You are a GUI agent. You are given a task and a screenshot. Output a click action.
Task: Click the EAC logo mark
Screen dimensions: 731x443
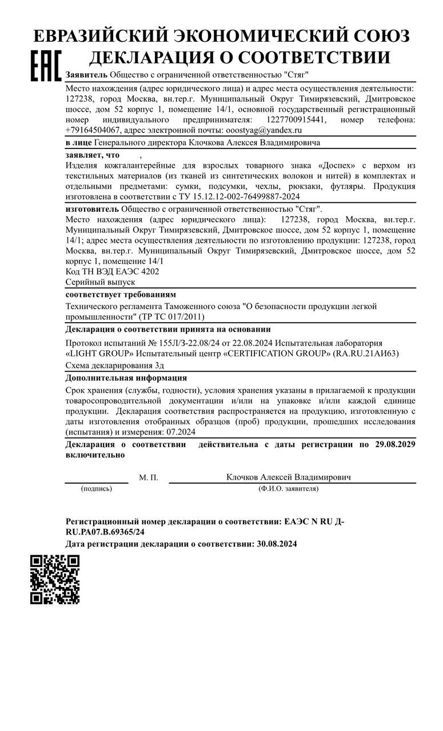pyautogui.click(x=45, y=66)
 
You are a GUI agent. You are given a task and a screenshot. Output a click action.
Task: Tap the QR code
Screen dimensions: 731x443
pyautogui.click(x=54, y=579)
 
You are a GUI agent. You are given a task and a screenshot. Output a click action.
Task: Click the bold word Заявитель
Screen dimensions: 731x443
pyautogui.click(x=86, y=75)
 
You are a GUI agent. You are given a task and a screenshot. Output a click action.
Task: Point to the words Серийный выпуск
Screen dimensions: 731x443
pyautogui.click(x=101, y=282)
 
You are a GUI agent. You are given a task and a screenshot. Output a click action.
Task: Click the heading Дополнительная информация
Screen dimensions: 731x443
pyautogui.click(x=126, y=377)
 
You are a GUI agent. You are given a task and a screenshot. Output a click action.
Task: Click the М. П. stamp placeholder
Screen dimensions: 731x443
pyautogui.click(x=149, y=477)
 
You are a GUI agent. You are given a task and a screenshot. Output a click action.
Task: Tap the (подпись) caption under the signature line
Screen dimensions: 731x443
pyautogui.click(x=97, y=489)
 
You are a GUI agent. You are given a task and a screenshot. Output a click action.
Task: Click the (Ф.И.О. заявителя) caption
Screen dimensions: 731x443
pyautogui.click(x=289, y=489)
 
